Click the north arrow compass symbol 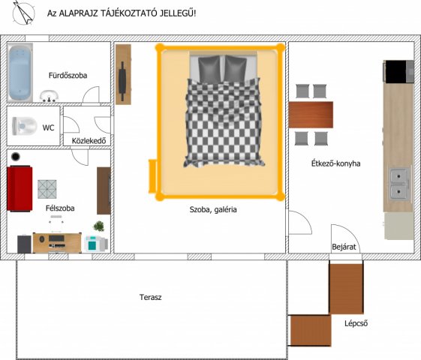point(23,13)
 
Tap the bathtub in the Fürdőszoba point(20,73)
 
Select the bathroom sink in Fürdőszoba point(49,96)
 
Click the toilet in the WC point(24,126)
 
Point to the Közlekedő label point(89,141)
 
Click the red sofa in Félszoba point(20,188)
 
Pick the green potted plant point(99,226)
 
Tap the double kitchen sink point(399,184)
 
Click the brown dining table point(311,115)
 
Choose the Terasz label point(150,297)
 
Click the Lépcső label point(356,324)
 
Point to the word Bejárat point(344,247)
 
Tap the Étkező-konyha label point(335,163)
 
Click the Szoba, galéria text point(213,209)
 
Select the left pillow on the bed point(209,68)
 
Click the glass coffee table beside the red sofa point(47,189)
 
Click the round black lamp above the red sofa point(16,157)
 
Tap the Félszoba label point(60,208)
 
